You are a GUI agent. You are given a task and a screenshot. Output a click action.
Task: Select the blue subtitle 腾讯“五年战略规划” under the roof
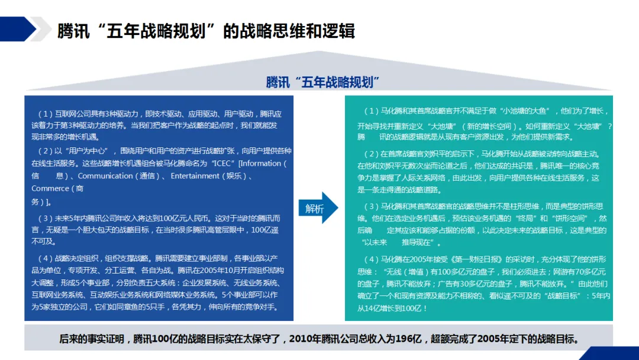click(x=322, y=82)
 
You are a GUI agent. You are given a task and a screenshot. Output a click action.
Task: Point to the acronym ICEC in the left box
click(x=223, y=163)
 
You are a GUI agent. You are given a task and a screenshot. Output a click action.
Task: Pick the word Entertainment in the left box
click(x=195, y=176)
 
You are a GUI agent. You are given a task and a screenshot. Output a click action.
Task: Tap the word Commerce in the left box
click(x=50, y=188)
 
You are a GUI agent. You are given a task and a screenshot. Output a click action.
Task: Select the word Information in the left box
click(x=260, y=163)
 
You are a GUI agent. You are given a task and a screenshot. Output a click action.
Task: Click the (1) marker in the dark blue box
click(x=45, y=114)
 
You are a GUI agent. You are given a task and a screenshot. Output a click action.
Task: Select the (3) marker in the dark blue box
click(x=45, y=217)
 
